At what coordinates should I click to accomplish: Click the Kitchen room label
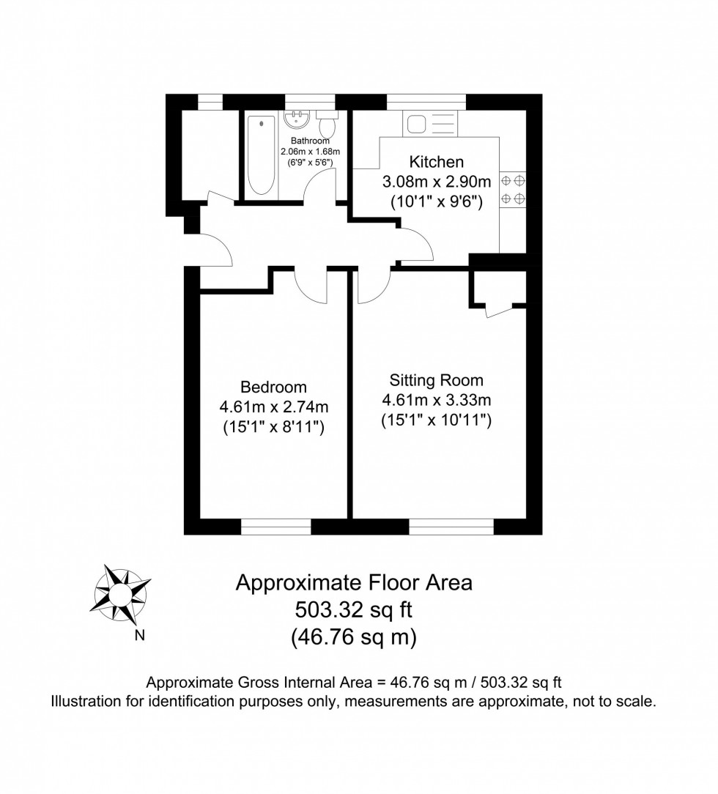(x=436, y=162)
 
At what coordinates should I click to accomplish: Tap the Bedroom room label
(x=273, y=387)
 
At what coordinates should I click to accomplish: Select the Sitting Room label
(x=436, y=380)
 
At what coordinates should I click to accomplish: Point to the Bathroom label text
(x=310, y=141)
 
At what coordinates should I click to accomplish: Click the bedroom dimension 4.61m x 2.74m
(x=273, y=407)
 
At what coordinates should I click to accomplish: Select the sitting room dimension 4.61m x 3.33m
(x=436, y=400)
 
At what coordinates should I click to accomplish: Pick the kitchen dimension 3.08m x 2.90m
(x=436, y=182)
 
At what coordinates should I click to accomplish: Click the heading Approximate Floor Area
(x=354, y=582)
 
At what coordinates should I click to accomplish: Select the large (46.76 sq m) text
(x=354, y=637)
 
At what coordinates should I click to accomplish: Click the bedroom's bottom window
(x=275, y=527)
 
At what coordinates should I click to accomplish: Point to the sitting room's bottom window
(x=451, y=527)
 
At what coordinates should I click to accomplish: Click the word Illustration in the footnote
(x=84, y=702)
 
